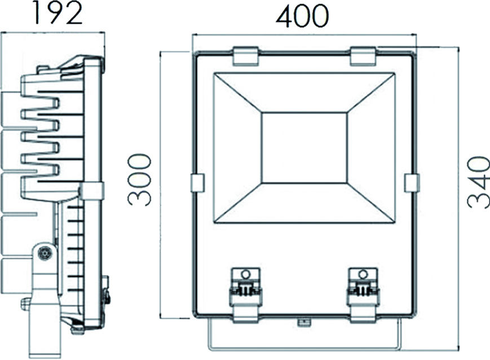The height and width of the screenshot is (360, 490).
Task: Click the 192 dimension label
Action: coord(56,14)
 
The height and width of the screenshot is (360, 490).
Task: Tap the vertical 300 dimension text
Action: coord(139,180)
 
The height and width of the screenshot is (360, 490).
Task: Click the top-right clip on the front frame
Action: coord(362,56)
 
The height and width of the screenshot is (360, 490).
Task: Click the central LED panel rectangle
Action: coord(304,147)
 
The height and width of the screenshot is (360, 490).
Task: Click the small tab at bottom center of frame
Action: coord(304,323)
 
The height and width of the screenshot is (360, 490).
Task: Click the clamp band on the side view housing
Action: coord(92,191)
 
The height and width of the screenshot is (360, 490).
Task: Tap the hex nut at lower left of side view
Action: coord(25,304)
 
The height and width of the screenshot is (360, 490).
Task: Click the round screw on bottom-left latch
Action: coord(245,274)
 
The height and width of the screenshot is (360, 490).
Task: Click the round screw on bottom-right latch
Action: coord(363,274)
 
